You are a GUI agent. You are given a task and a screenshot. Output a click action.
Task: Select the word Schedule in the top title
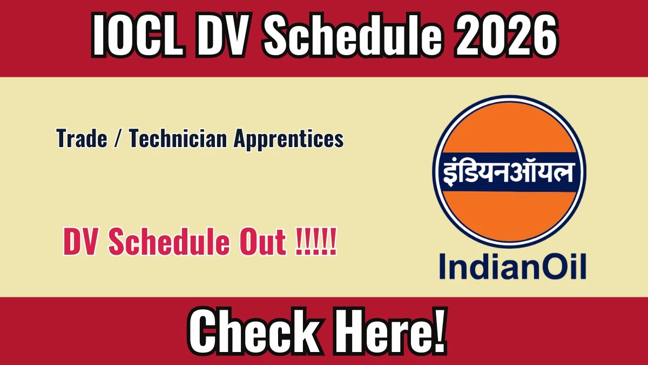(x=354, y=35)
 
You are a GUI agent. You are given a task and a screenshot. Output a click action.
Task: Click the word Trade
(x=82, y=138)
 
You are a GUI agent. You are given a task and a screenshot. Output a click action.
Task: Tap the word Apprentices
(x=289, y=140)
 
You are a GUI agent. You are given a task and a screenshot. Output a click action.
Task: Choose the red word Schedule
(x=170, y=241)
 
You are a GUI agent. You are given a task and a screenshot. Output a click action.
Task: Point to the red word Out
(x=262, y=241)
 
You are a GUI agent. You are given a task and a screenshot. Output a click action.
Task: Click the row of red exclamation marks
(x=316, y=241)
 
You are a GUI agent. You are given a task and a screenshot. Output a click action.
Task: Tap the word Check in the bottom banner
(x=254, y=331)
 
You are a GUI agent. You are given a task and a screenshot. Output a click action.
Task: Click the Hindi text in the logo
(x=508, y=172)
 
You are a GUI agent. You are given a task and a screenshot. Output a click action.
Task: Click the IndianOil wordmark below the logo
(x=512, y=266)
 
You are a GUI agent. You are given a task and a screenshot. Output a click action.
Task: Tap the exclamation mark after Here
(x=439, y=330)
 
